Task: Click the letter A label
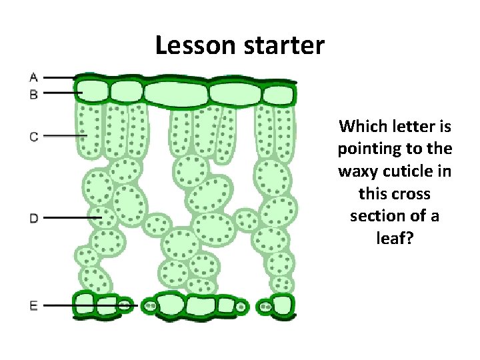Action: pos(33,77)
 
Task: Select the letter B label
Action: pos(33,94)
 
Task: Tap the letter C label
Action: pos(33,137)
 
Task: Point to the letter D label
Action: pos(33,217)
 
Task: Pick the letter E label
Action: pos(33,306)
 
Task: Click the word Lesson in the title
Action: pos(195,45)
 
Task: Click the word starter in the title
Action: pos(283,45)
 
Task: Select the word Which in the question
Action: pos(361,126)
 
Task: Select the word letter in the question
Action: pos(408,126)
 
